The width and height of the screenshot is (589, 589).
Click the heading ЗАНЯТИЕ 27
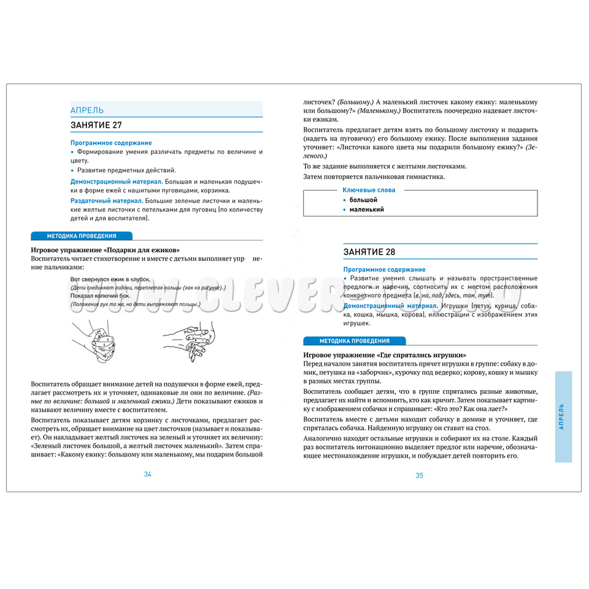click(x=96, y=125)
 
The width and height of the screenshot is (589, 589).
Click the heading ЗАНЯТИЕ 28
click(x=369, y=252)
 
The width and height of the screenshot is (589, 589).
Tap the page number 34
click(x=147, y=474)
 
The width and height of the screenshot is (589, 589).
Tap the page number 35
click(x=420, y=475)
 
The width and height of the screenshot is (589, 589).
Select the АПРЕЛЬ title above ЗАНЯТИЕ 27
click(x=87, y=110)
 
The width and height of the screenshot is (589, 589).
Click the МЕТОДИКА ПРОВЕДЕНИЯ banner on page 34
click(x=82, y=236)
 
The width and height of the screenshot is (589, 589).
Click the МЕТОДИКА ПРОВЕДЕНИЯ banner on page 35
click(x=354, y=341)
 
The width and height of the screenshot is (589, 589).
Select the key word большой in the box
click(x=363, y=200)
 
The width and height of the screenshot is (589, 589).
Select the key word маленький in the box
click(x=367, y=209)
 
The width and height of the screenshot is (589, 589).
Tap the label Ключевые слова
click(x=368, y=190)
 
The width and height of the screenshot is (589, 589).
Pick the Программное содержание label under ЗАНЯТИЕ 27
click(x=111, y=143)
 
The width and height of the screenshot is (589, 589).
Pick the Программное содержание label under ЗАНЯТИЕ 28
click(x=384, y=269)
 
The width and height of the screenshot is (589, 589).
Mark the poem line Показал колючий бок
click(x=100, y=296)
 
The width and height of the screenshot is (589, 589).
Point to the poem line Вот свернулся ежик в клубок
click(x=110, y=279)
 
